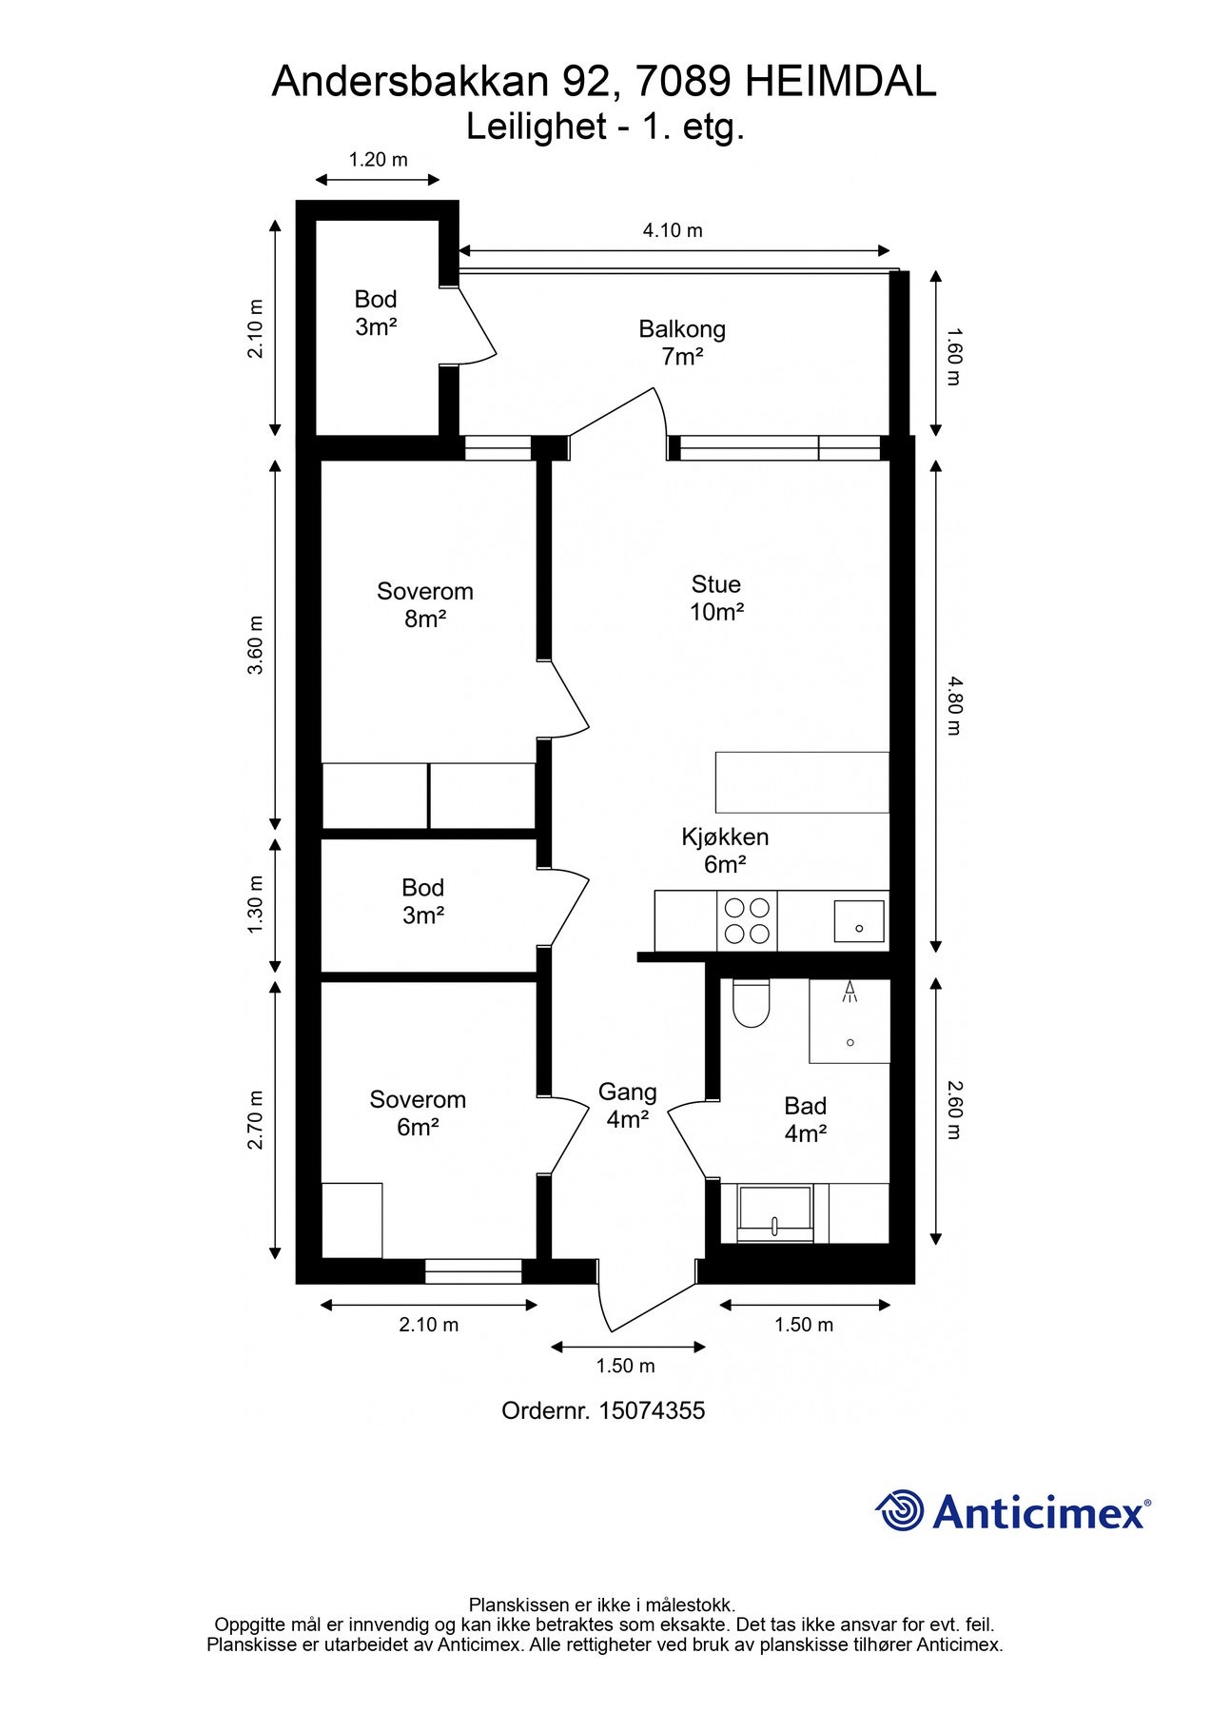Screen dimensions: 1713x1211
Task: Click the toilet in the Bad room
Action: coord(751,1005)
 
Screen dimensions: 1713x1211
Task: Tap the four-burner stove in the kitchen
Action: coord(747,920)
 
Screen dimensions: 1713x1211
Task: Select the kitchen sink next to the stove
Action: coord(859,920)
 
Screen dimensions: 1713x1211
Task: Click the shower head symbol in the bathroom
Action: coord(850,994)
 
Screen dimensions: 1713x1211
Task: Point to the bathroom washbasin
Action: coord(775,1213)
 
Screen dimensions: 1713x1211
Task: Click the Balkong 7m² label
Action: coord(682,343)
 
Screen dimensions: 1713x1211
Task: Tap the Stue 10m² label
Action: coord(715,598)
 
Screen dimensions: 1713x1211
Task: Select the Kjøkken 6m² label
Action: coord(725,850)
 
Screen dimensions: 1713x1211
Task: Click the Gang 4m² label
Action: coord(627,1105)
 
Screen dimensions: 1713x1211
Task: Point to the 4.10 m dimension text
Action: coord(673,230)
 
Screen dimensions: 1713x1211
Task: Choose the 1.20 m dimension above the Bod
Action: coord(378,159)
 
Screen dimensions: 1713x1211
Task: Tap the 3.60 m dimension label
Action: coord(255,645)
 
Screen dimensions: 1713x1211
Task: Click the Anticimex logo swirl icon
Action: coord(900,1510)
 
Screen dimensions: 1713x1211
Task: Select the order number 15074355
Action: coord(652,1410)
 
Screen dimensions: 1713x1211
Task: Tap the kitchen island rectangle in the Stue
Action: coord(802,782)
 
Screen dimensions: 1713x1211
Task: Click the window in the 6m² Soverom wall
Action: coord(473,1270)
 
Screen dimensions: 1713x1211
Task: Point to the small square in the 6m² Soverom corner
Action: coord(352,1220)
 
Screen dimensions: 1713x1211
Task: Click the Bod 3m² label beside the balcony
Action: coord(376,312)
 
